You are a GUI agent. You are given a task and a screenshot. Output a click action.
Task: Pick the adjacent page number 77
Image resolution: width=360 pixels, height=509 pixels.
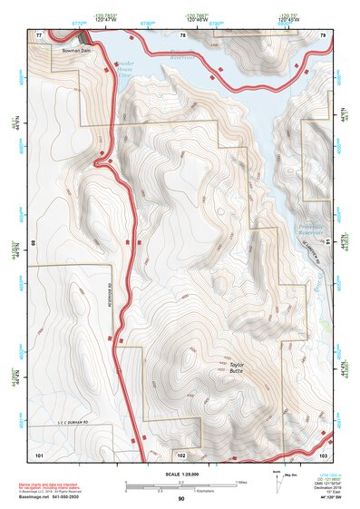39,34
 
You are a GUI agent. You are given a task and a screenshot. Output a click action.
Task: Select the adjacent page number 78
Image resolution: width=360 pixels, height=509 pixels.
182,34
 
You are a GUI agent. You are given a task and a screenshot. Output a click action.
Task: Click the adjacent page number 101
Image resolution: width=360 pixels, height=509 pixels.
39,453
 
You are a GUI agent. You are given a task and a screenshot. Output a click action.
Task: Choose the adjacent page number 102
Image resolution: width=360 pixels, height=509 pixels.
181,453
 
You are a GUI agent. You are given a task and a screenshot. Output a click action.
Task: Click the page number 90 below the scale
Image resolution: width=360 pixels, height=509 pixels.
181,499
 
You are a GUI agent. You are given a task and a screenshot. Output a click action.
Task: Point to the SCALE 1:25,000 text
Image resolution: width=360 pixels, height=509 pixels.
181,473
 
